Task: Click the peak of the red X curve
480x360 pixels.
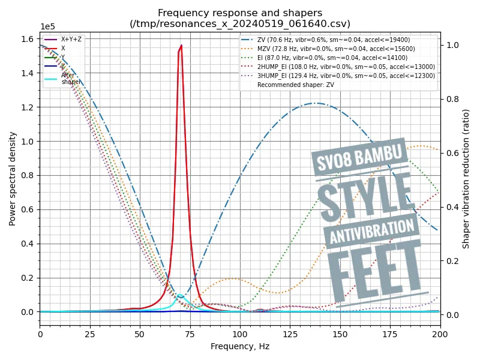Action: (181, 46)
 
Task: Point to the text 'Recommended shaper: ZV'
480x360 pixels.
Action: (296, 85)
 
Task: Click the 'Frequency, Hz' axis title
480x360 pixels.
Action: (240, 346)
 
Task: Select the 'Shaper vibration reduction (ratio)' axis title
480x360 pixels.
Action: (466, 179)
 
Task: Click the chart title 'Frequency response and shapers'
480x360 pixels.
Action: (240, 13)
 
